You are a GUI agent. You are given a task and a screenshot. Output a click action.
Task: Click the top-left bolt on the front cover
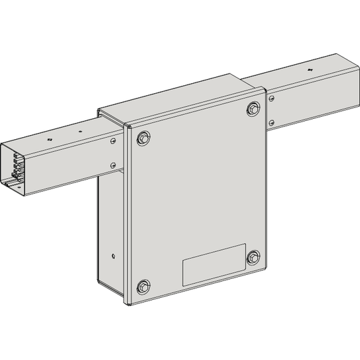(143, 138)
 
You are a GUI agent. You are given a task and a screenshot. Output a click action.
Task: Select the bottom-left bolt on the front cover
(144, 285)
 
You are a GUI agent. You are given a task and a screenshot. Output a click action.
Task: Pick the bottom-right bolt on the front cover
(253, 257)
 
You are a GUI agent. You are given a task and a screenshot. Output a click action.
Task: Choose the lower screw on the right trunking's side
(271, 122)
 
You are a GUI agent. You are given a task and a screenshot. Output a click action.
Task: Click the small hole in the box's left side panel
(111, 256)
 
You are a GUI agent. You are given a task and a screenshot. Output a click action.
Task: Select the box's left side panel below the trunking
(111, 223)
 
